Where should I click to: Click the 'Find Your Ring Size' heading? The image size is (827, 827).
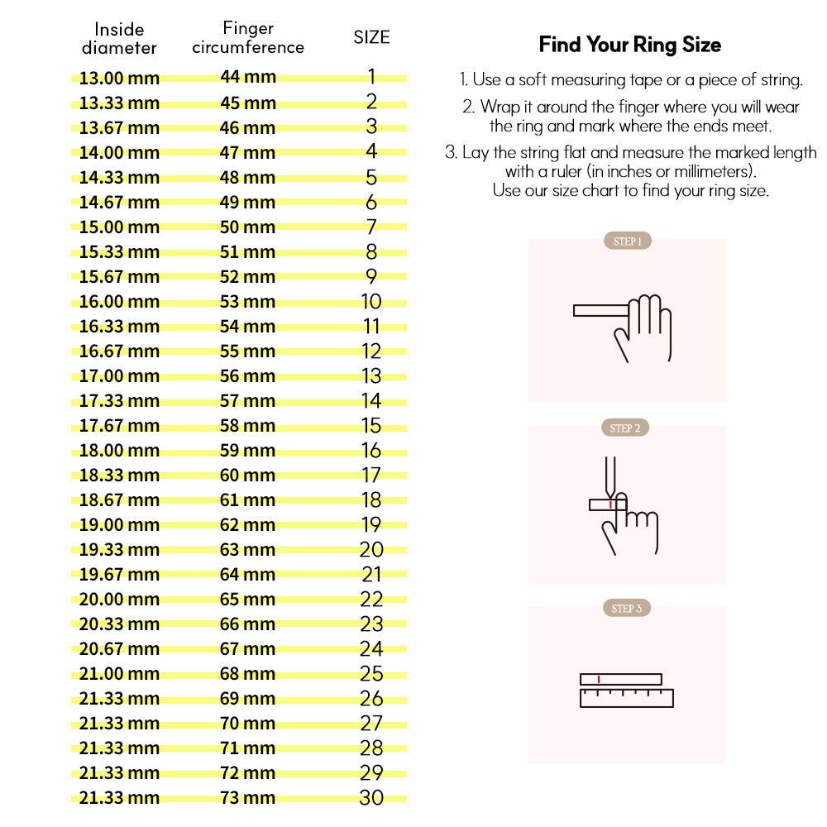point(630,45)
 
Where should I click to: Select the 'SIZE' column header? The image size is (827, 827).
point(371,37)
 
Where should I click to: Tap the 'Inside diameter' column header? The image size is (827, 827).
point(119,39)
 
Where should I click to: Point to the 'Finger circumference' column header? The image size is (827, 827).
point(248,38)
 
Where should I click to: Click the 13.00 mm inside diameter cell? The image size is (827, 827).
point(119,79)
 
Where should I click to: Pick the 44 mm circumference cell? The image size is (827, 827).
point(248,78)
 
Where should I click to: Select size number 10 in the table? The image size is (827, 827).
point(371,301)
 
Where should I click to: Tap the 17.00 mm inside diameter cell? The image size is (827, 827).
point(119,376)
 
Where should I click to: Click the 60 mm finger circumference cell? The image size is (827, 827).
point(248,475)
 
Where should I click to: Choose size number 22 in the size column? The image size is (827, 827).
point(371,599)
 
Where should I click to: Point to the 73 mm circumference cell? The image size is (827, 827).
point(248,797)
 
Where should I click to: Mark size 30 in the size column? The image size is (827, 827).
point(371,797)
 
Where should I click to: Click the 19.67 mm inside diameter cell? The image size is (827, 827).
point(119,575)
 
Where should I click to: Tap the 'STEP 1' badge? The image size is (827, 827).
point(627,241)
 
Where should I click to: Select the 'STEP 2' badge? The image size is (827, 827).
point(625,428)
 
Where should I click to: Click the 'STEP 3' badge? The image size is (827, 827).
point(627,609)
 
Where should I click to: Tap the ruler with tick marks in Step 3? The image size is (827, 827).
point(627,698)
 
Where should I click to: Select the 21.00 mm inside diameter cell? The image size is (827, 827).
point(119,674)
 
